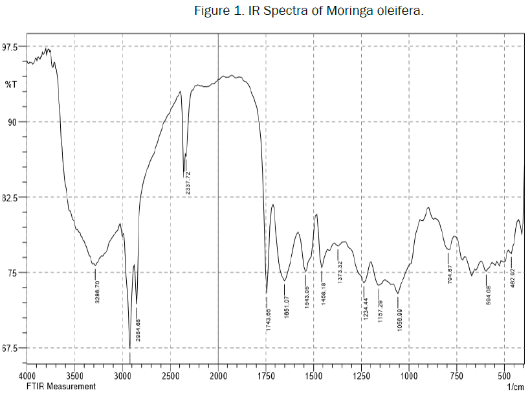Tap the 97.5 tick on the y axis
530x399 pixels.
(12, 47)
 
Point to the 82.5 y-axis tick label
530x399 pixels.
(12, 198)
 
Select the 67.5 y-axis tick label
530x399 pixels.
(12, 348)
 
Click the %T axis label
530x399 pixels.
(11, 85)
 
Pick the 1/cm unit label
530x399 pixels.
(515, 387)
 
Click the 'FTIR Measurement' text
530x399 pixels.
(61, 387)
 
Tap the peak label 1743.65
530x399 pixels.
(267, 317)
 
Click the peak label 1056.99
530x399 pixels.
(400, 321)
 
